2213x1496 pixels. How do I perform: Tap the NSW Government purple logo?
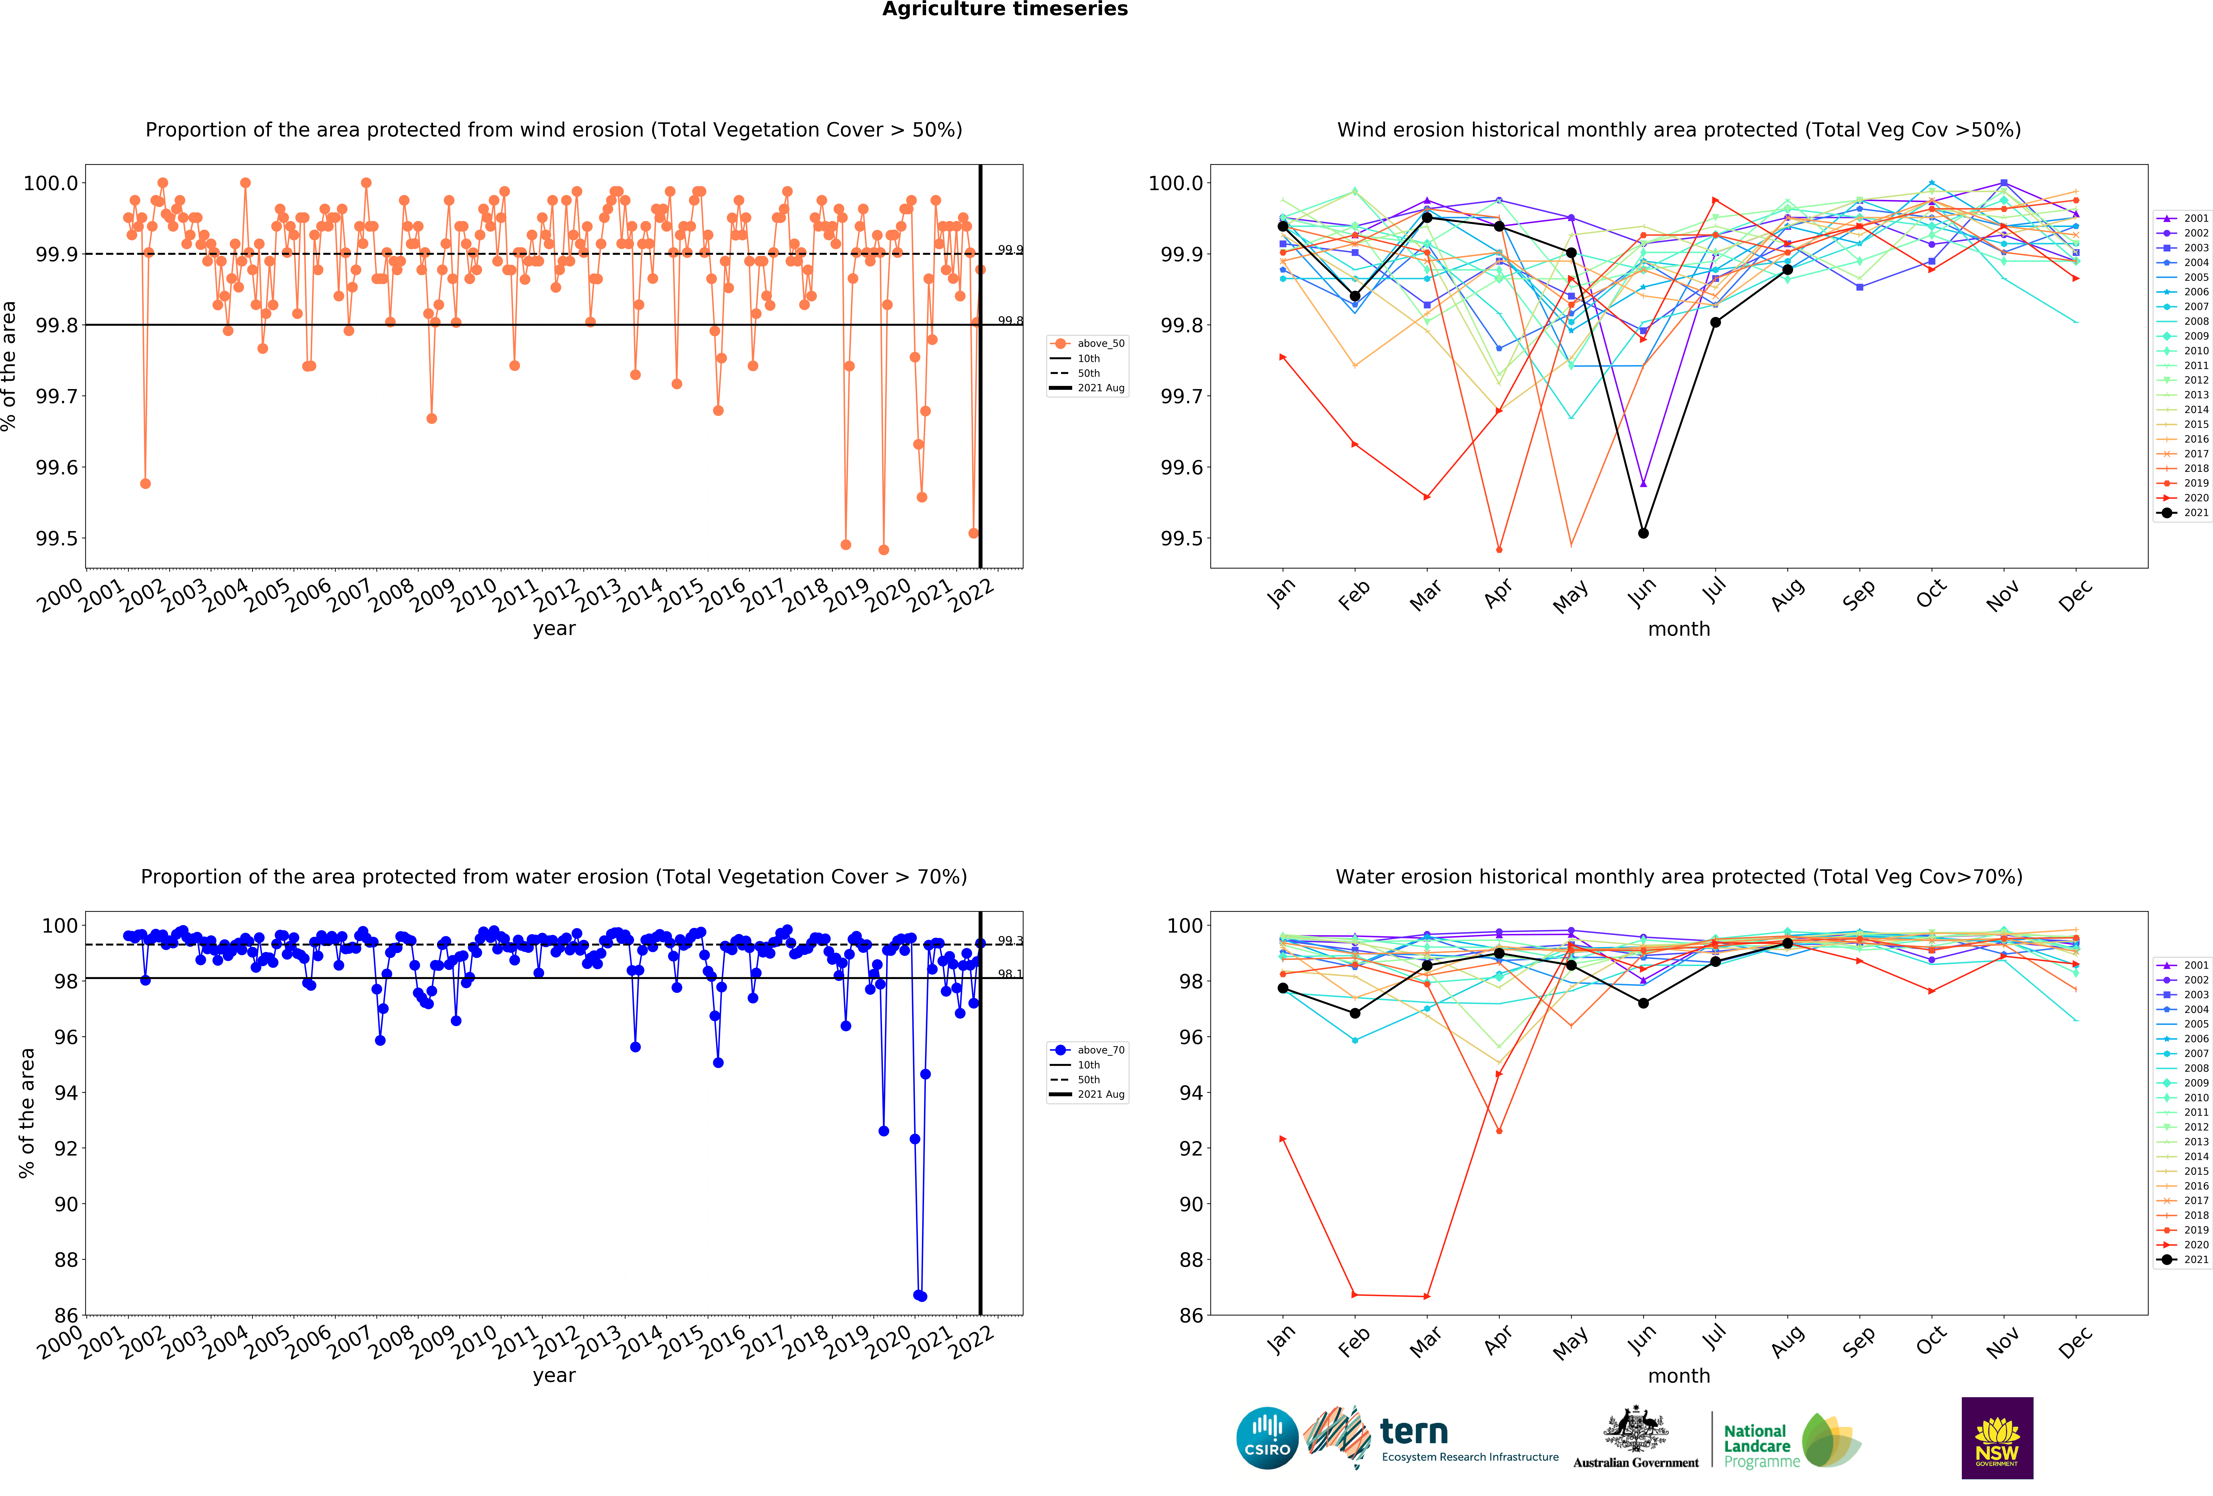[x=1997, y=1438]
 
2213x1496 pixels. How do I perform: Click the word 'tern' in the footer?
[x=1414, y=1431]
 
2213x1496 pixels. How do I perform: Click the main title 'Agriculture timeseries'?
[x=1005, y=10]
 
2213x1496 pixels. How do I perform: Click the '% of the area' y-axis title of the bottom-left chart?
[x=27, y=1112]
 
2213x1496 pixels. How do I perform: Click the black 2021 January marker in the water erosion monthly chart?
[x=1283, y=988]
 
